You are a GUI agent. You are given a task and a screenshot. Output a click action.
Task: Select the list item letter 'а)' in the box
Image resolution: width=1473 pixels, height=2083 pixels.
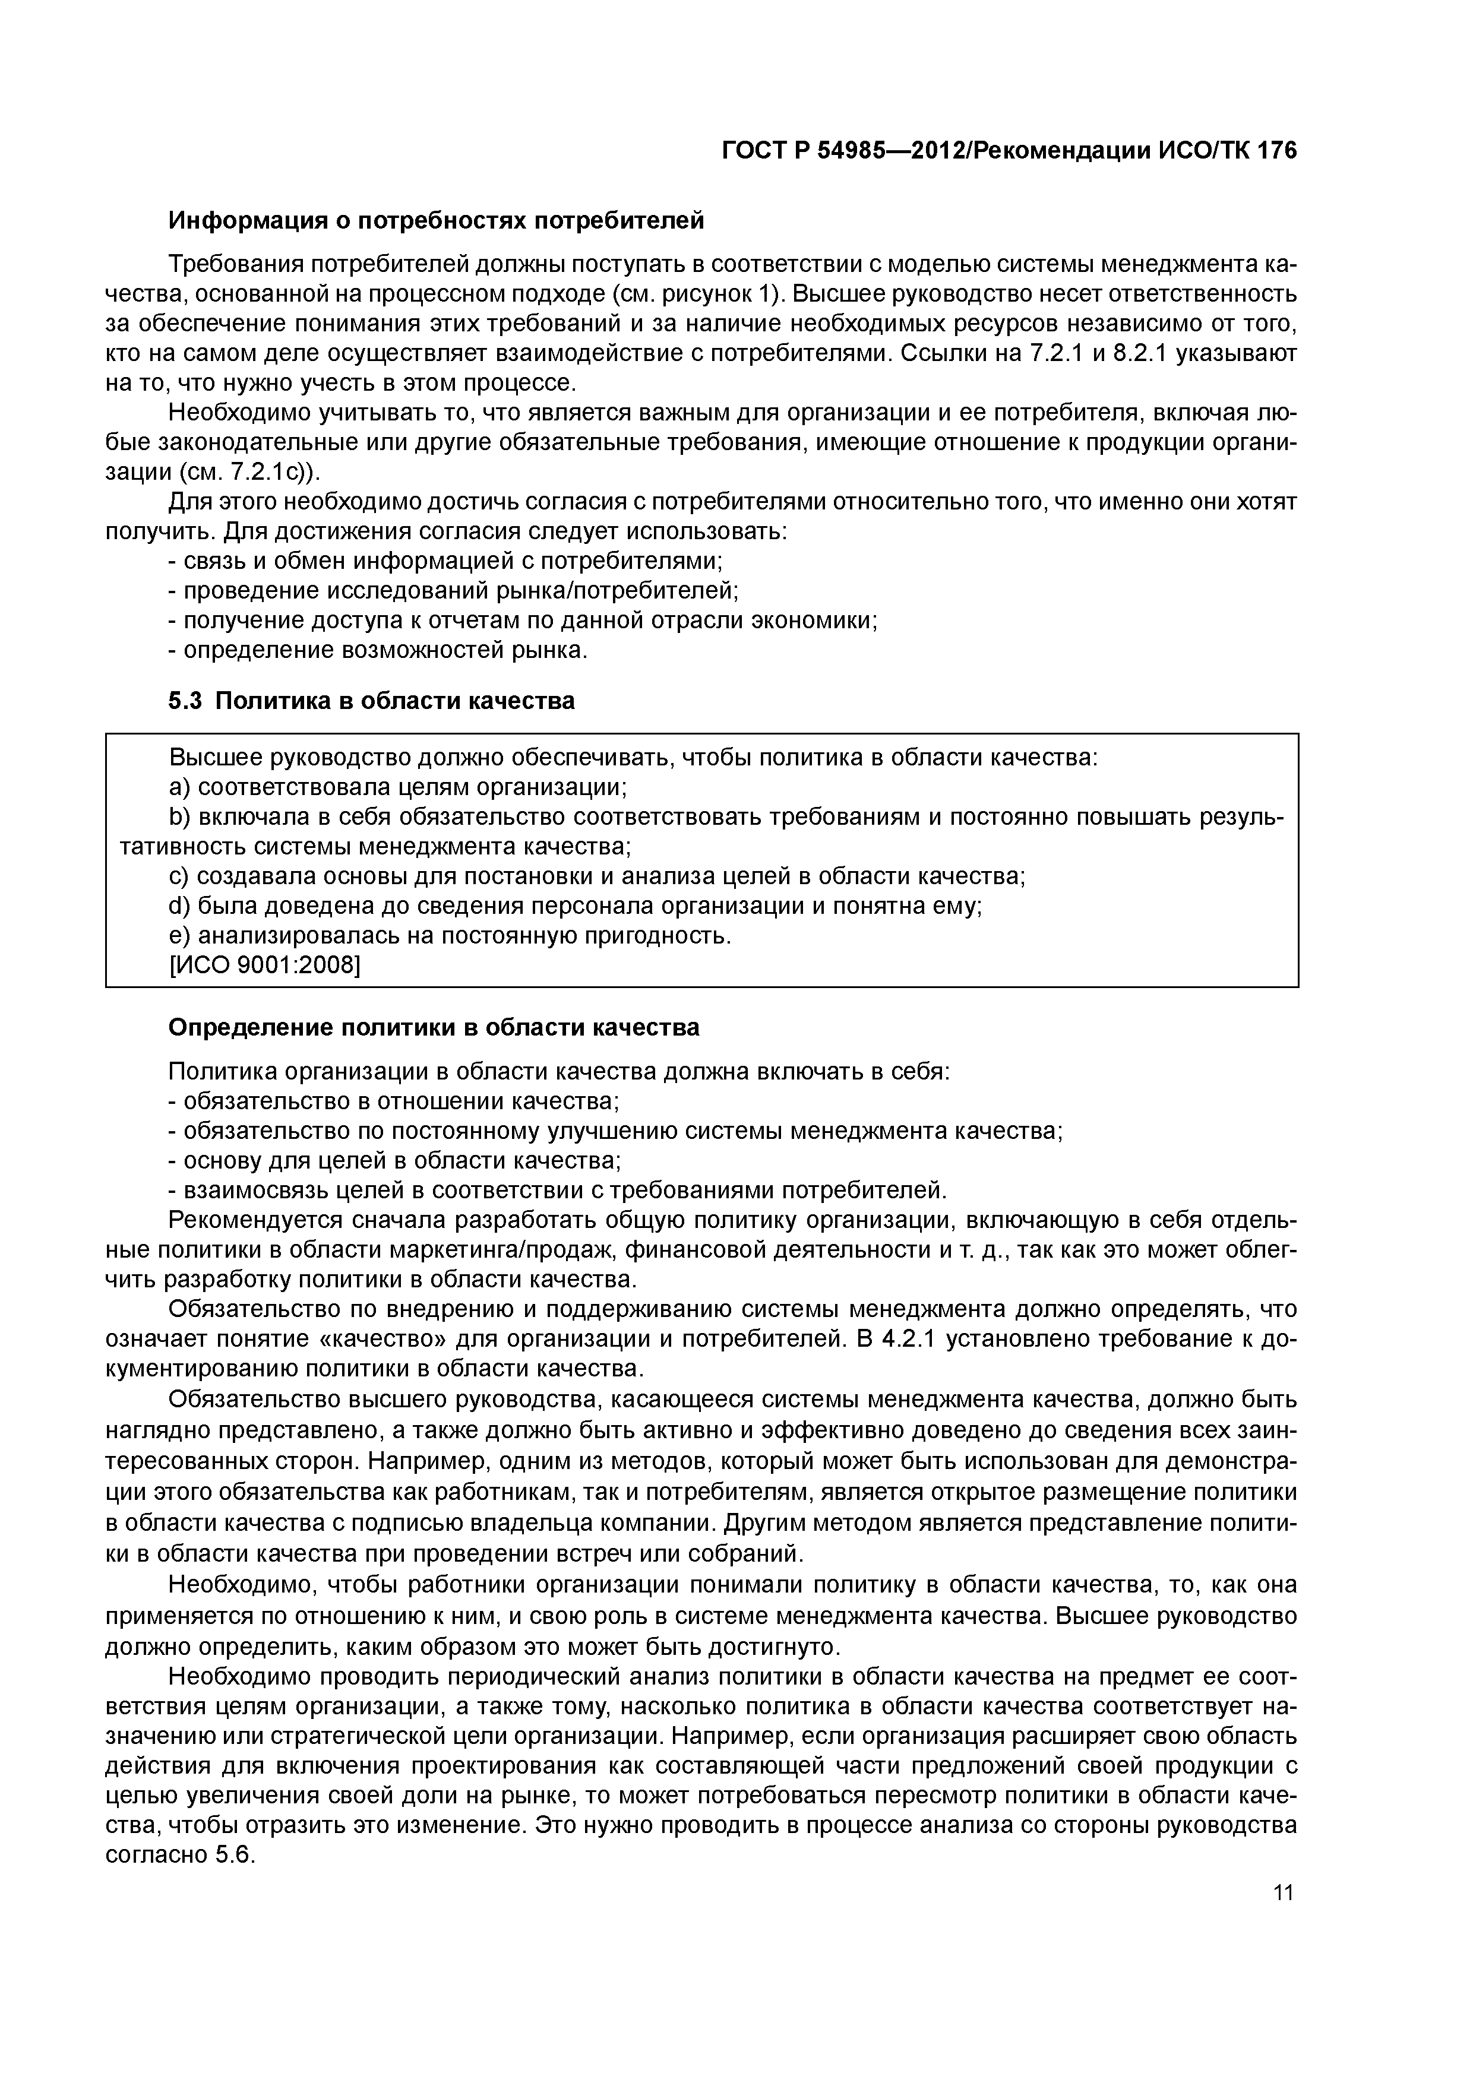pos(180,787)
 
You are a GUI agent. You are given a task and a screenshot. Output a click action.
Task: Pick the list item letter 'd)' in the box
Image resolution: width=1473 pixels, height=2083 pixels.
pos(180,906)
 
